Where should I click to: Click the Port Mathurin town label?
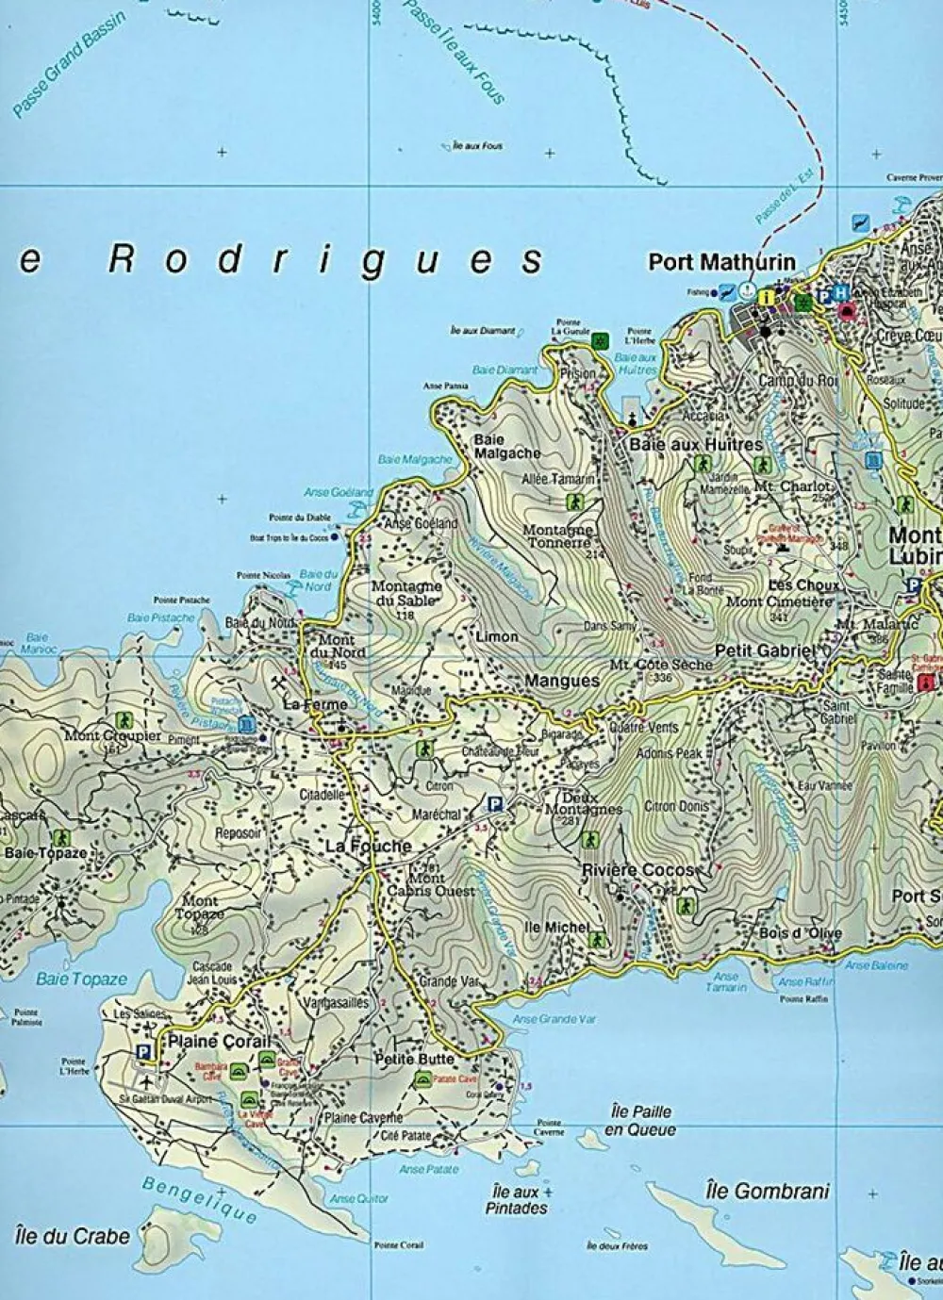coord(721,261)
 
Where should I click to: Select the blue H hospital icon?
coord(841,294)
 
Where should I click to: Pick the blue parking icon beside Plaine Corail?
coord(143,1053)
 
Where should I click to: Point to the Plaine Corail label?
coord(219,1042)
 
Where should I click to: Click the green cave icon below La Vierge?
coord(248,1099)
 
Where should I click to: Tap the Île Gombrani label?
coord(767,1191)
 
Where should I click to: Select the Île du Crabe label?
coord(73,1236)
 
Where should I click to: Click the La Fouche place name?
coord(369,847)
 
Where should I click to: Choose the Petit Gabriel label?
coord(764,650)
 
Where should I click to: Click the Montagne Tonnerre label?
coord(557,536)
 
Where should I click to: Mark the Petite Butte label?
coord(413,1059)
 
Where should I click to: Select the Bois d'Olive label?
coord(800,933)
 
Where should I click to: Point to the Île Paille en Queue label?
coord(640,1120)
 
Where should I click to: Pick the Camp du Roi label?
coord(798,381)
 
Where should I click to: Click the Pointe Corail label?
coord(398,1245)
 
